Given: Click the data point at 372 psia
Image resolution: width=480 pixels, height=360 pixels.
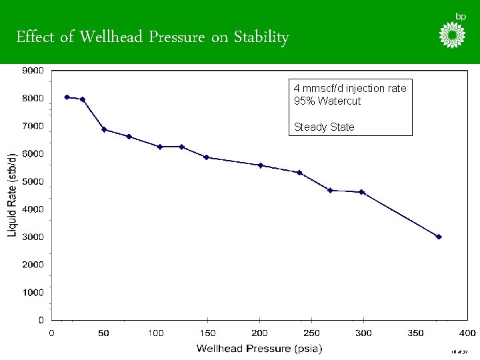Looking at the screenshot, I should [x=439, y=237].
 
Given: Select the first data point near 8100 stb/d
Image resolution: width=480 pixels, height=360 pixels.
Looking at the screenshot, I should [x=67, y=97].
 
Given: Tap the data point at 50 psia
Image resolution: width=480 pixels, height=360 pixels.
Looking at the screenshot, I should [x=104, y=129].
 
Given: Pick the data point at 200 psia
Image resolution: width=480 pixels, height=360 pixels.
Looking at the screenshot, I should [x=261, y=165].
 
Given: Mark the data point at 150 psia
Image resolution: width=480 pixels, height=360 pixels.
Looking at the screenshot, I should [x=207, y=157].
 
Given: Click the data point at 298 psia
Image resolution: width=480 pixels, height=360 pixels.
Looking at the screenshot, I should [x=362, y=192].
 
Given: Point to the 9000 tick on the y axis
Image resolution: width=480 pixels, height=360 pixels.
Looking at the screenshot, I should [x=33, y=70].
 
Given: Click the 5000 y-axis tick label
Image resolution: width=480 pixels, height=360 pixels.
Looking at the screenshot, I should [x=33, y=181].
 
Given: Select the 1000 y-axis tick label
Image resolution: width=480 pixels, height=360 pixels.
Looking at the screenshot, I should [x=33, y=292].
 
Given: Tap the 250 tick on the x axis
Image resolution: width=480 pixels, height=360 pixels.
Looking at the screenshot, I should [x=311, y=333].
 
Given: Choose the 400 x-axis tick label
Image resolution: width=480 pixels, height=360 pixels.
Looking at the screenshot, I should [x=467, y=333].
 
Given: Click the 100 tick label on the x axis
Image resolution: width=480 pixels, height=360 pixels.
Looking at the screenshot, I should [x=155, y=333].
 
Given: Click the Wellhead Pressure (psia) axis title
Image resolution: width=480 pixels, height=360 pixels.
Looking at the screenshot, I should [x=259, y=348].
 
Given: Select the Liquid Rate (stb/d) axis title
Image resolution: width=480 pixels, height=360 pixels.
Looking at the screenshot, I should [x=13, y=194].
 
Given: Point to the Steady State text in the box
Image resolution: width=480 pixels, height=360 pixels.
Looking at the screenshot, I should [x=324, y=127].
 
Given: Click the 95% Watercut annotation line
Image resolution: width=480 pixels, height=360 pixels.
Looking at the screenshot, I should [x=327, y=101].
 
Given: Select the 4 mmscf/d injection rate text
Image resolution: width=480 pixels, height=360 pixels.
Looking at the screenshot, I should [x=350, y=89].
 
